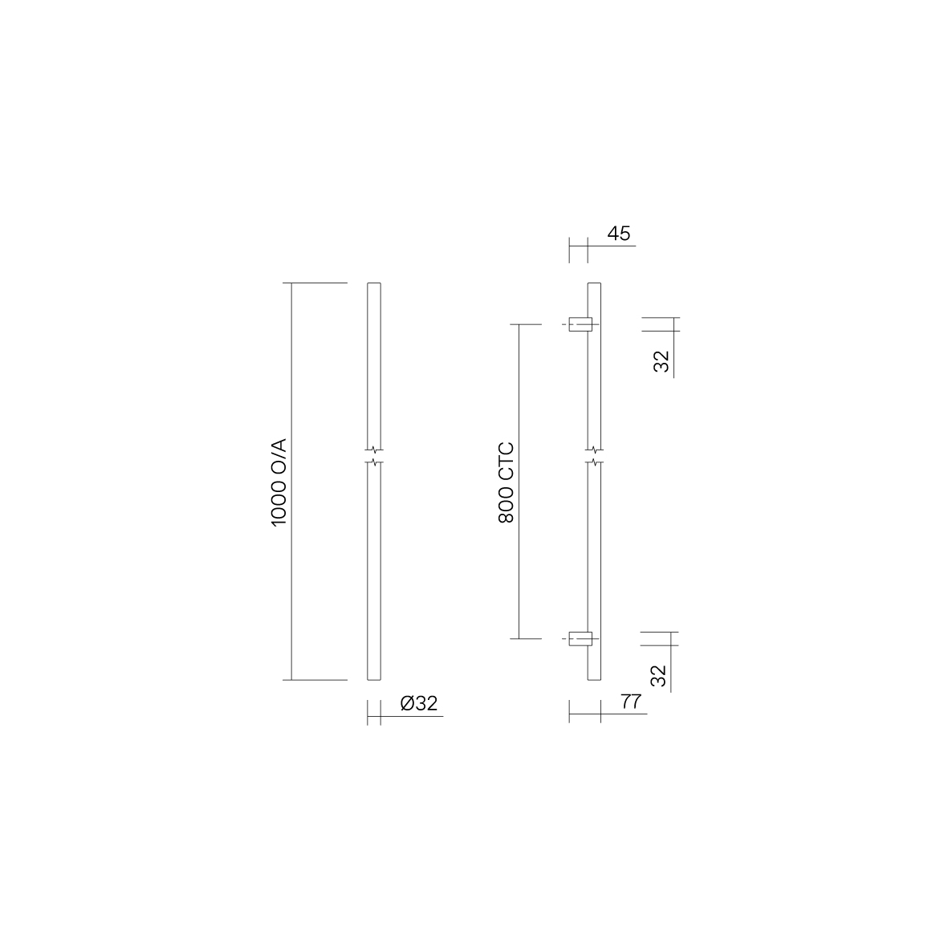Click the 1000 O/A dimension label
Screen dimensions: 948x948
click(x=279, y=482)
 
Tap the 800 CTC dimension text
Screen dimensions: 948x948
click(x=506, y=482)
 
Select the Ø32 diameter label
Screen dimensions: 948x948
click(x=419, y=703)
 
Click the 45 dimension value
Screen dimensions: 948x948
click(x=619, y=234)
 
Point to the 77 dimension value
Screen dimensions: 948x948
click(x=631, y=702)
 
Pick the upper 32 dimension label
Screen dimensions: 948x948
click(x=662, y=361)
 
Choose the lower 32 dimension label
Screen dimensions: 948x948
click(x=658, y=675)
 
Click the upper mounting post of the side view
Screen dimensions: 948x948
click(x=580, y=324)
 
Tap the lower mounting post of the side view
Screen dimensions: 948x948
click(x=580, y=638)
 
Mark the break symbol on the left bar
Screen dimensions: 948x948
click(x=374, y=457)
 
